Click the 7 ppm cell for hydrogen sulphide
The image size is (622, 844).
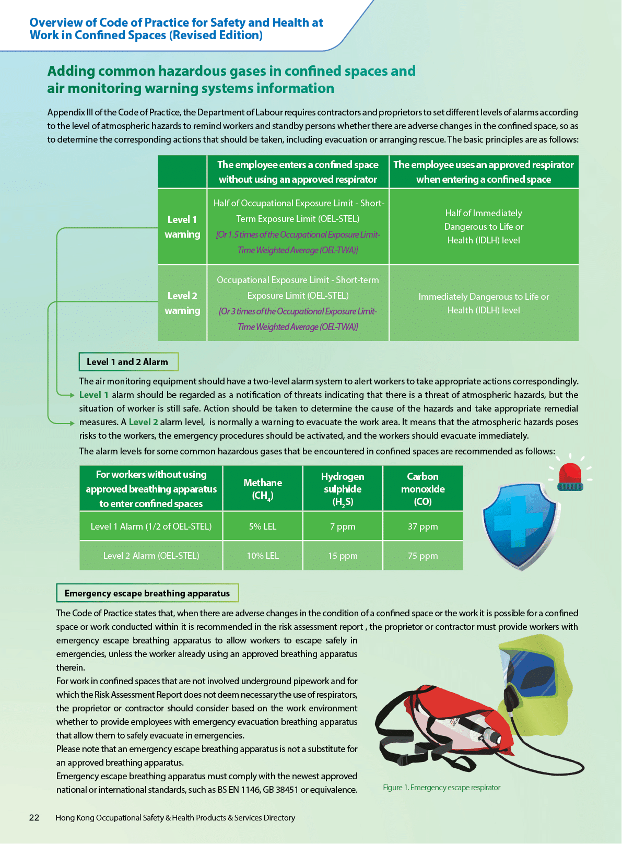tap(343, 526)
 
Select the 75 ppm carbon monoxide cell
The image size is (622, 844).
tap(423, 556)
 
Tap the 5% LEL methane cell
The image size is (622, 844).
tap(263, 526)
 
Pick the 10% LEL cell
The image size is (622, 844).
tap(263, 556)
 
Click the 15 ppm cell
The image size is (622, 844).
tap(343, 556)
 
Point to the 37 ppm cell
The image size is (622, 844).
tap(423, 526)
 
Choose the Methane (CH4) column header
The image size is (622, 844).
tap(263, 489)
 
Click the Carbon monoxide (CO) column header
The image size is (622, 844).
tap(423, 489)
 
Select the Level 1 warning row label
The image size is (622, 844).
tap(182, 227)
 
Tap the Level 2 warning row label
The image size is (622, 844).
tap(182, 303)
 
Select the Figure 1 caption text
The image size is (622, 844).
tap(441, 788)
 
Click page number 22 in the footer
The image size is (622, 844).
tap(34, 818)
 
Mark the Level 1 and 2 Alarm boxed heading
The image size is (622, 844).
tap(128, 362)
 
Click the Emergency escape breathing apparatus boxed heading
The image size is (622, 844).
tap(147, 593)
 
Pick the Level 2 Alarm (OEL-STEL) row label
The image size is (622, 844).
tap(151, 556)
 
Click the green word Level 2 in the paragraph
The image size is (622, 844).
tap(143, 422)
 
